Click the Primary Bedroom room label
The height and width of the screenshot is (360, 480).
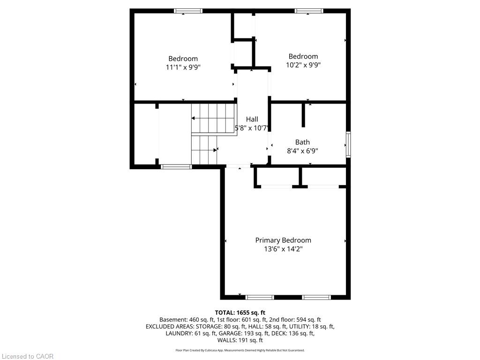[283, 240]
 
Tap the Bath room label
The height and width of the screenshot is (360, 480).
[302, 142]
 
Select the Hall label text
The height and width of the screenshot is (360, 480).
[252, 119]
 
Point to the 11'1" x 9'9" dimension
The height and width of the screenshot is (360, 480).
[183, 67]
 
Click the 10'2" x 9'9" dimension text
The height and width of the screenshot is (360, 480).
[303, 65]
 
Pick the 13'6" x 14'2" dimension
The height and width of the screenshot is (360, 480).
[283, 249]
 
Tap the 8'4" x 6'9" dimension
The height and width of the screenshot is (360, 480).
[302, 150]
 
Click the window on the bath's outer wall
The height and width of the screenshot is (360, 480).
[348, 144]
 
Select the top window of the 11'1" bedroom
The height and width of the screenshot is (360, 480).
[188, 11]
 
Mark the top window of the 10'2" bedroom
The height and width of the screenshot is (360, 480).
[309, 11]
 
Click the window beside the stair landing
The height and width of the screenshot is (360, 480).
[176, 167]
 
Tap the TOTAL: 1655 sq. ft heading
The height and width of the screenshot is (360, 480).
[240, 313]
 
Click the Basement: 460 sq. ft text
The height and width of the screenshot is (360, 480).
[187, 320]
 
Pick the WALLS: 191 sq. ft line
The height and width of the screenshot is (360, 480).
[240, 340]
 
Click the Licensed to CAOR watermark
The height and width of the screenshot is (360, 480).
[28, 356]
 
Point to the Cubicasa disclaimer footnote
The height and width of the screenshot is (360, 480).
[240, 350]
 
